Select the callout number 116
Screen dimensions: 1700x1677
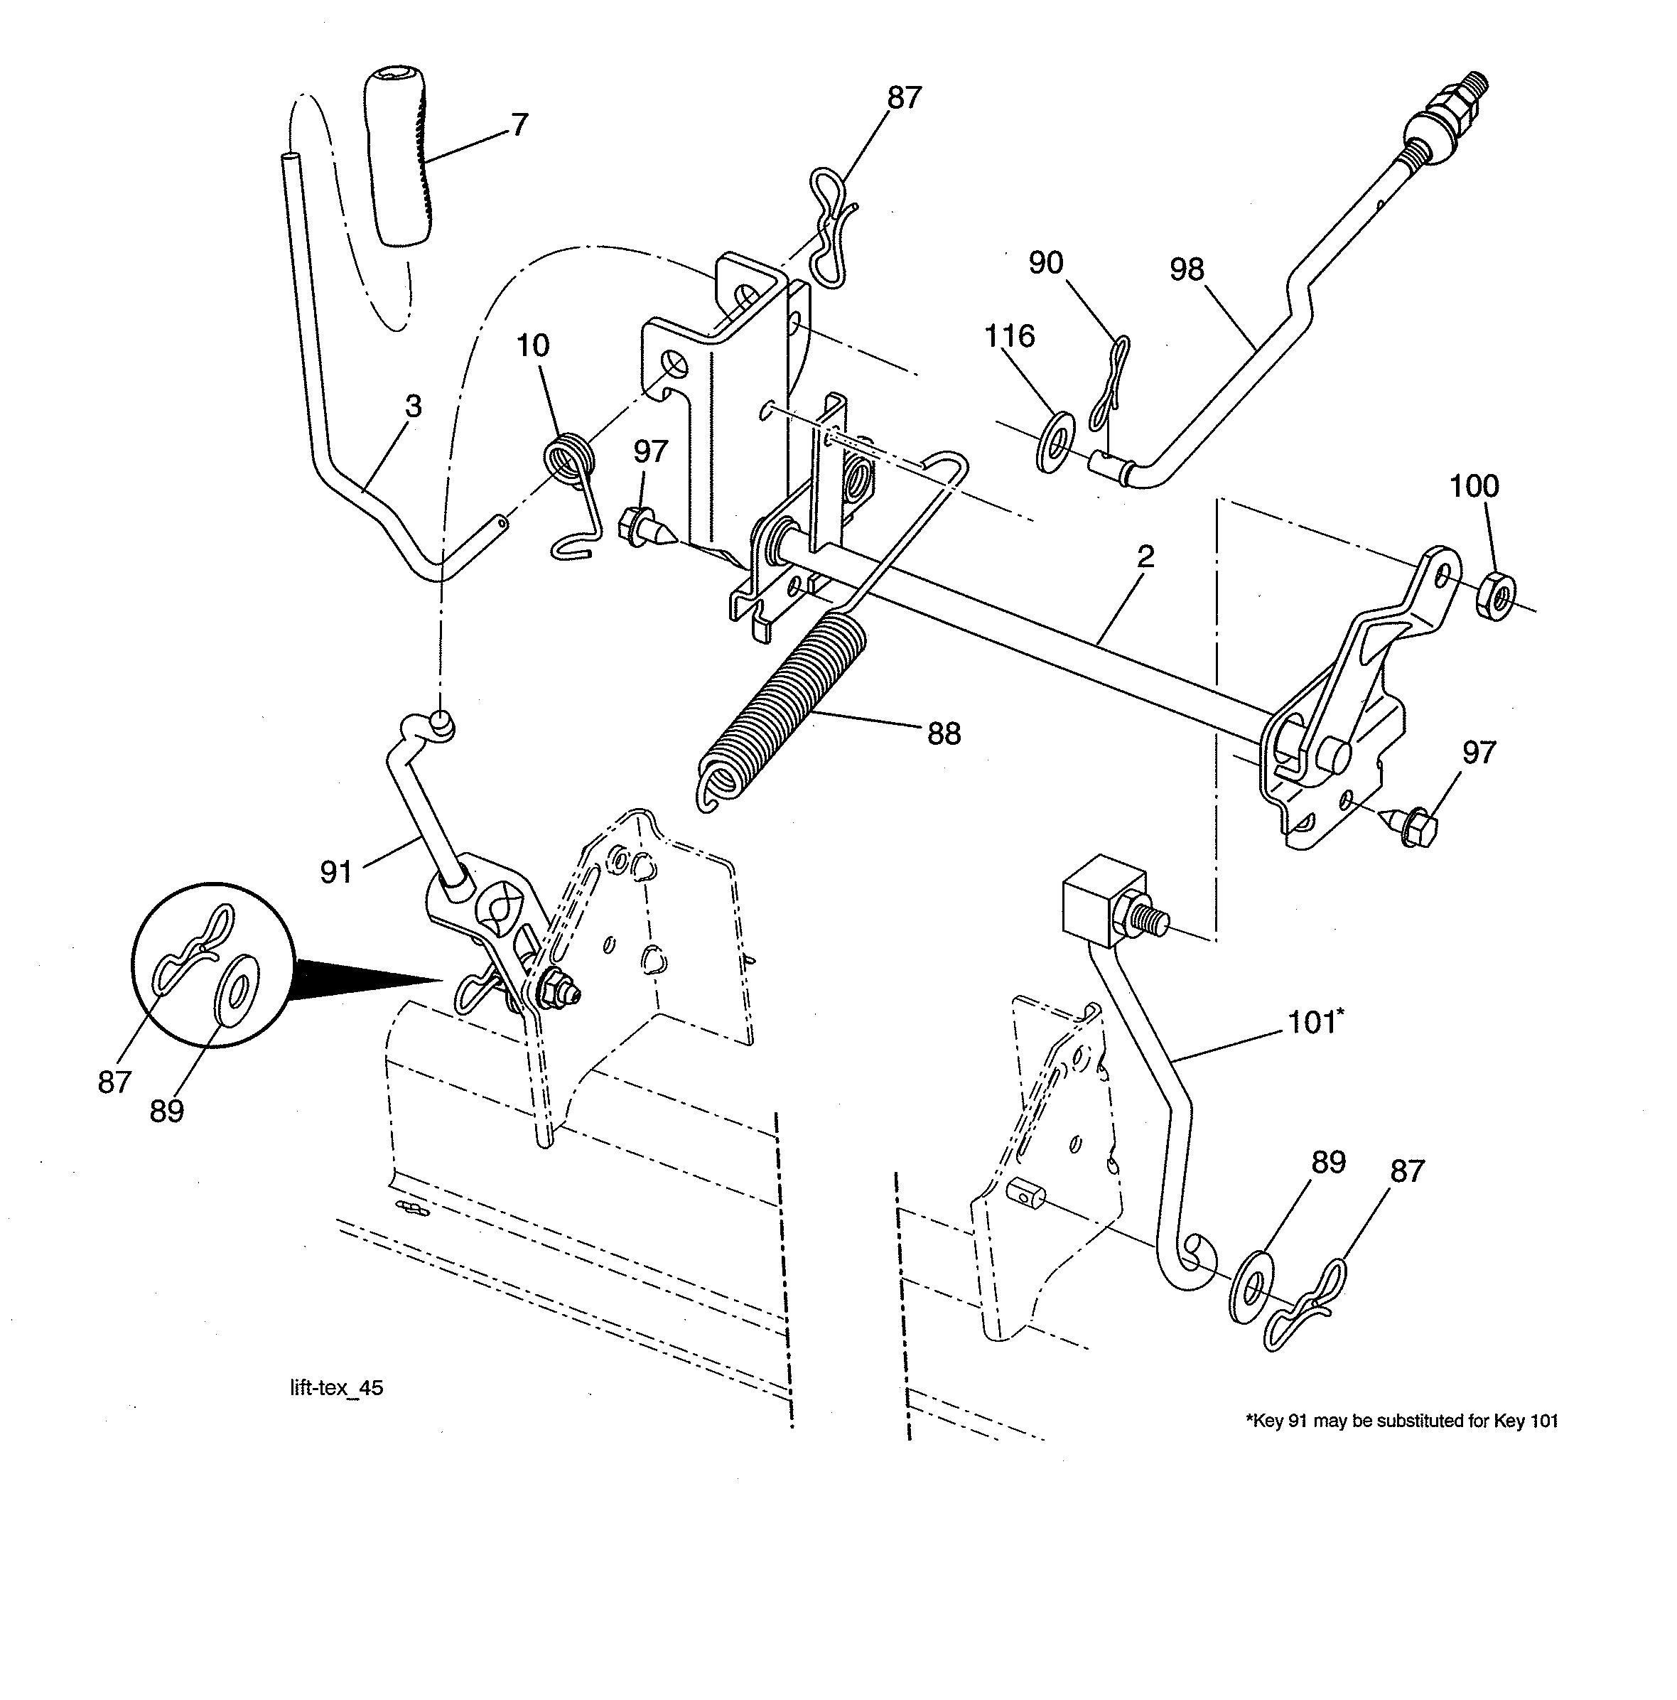1008,336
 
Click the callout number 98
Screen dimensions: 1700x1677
1186,269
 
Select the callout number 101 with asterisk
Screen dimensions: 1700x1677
1315,1023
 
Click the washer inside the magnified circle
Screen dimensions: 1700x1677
237,991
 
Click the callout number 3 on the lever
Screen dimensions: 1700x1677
413,407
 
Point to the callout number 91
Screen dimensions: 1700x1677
336,872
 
